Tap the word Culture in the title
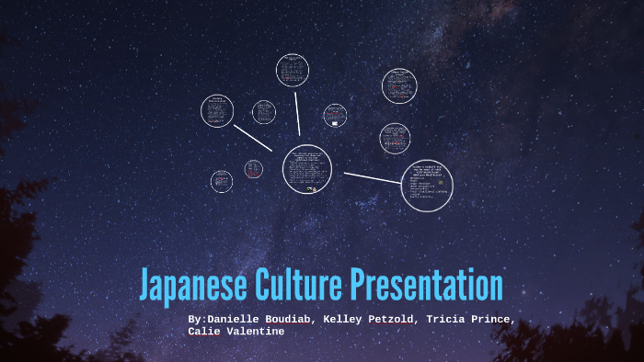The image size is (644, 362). (296, 286)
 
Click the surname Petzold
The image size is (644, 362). (397, 320)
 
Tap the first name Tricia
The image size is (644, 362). (454, 320)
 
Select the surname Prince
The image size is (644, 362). (498, 320)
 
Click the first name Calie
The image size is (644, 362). (205, 331)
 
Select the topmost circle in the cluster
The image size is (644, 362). (293, 71)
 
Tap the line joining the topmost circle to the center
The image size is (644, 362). (298, 116)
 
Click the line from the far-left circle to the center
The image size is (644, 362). (253, 138)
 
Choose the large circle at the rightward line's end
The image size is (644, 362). (427, 187)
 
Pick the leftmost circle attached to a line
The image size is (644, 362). (217, 111)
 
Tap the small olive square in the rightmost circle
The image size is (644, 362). (442, 183)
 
